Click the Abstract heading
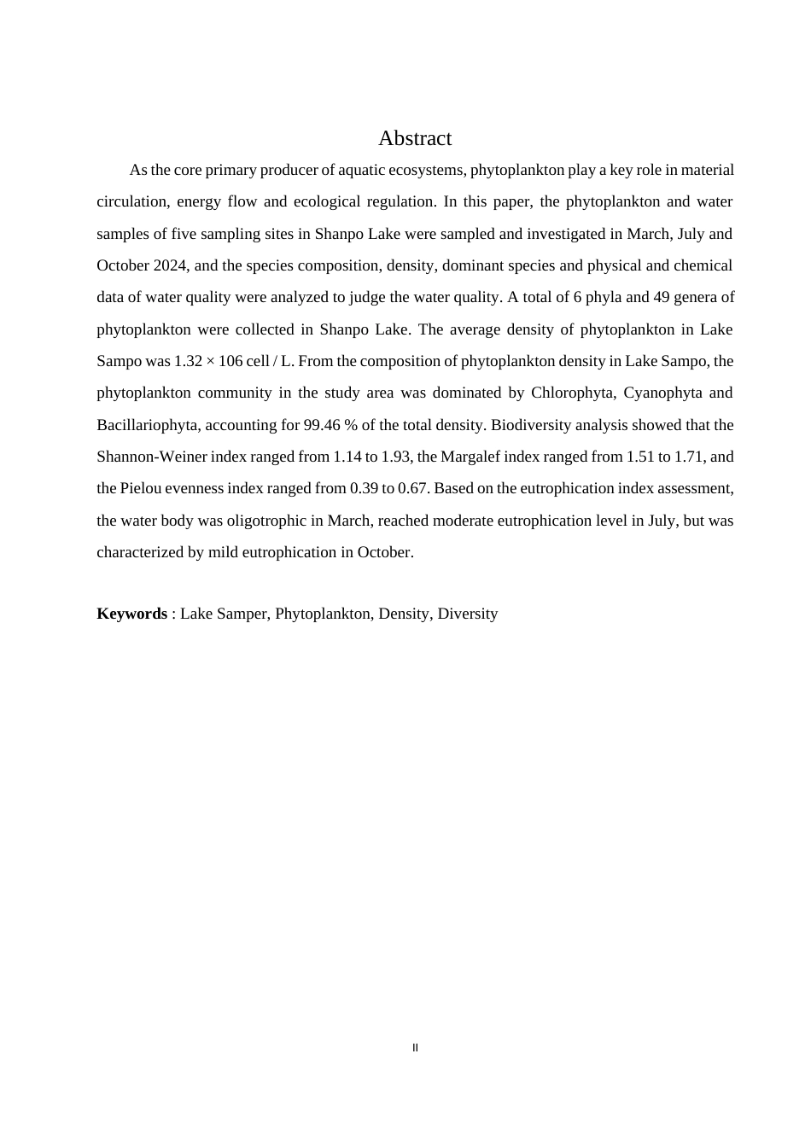pyautogui.click(x=414, y=138)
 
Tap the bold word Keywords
pyautogui.click(x=131, y=614)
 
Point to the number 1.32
pyautogui.click(x=188, y=361)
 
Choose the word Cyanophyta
pyautogui.click(x=662, y=393)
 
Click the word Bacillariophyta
pyautogui.click(x=146, y=425)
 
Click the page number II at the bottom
pyautogui.click(x=415, y=1048)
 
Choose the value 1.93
pyautogui.click(x=396, y=457)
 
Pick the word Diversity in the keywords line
pyautogui.click(x=467, y=614)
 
